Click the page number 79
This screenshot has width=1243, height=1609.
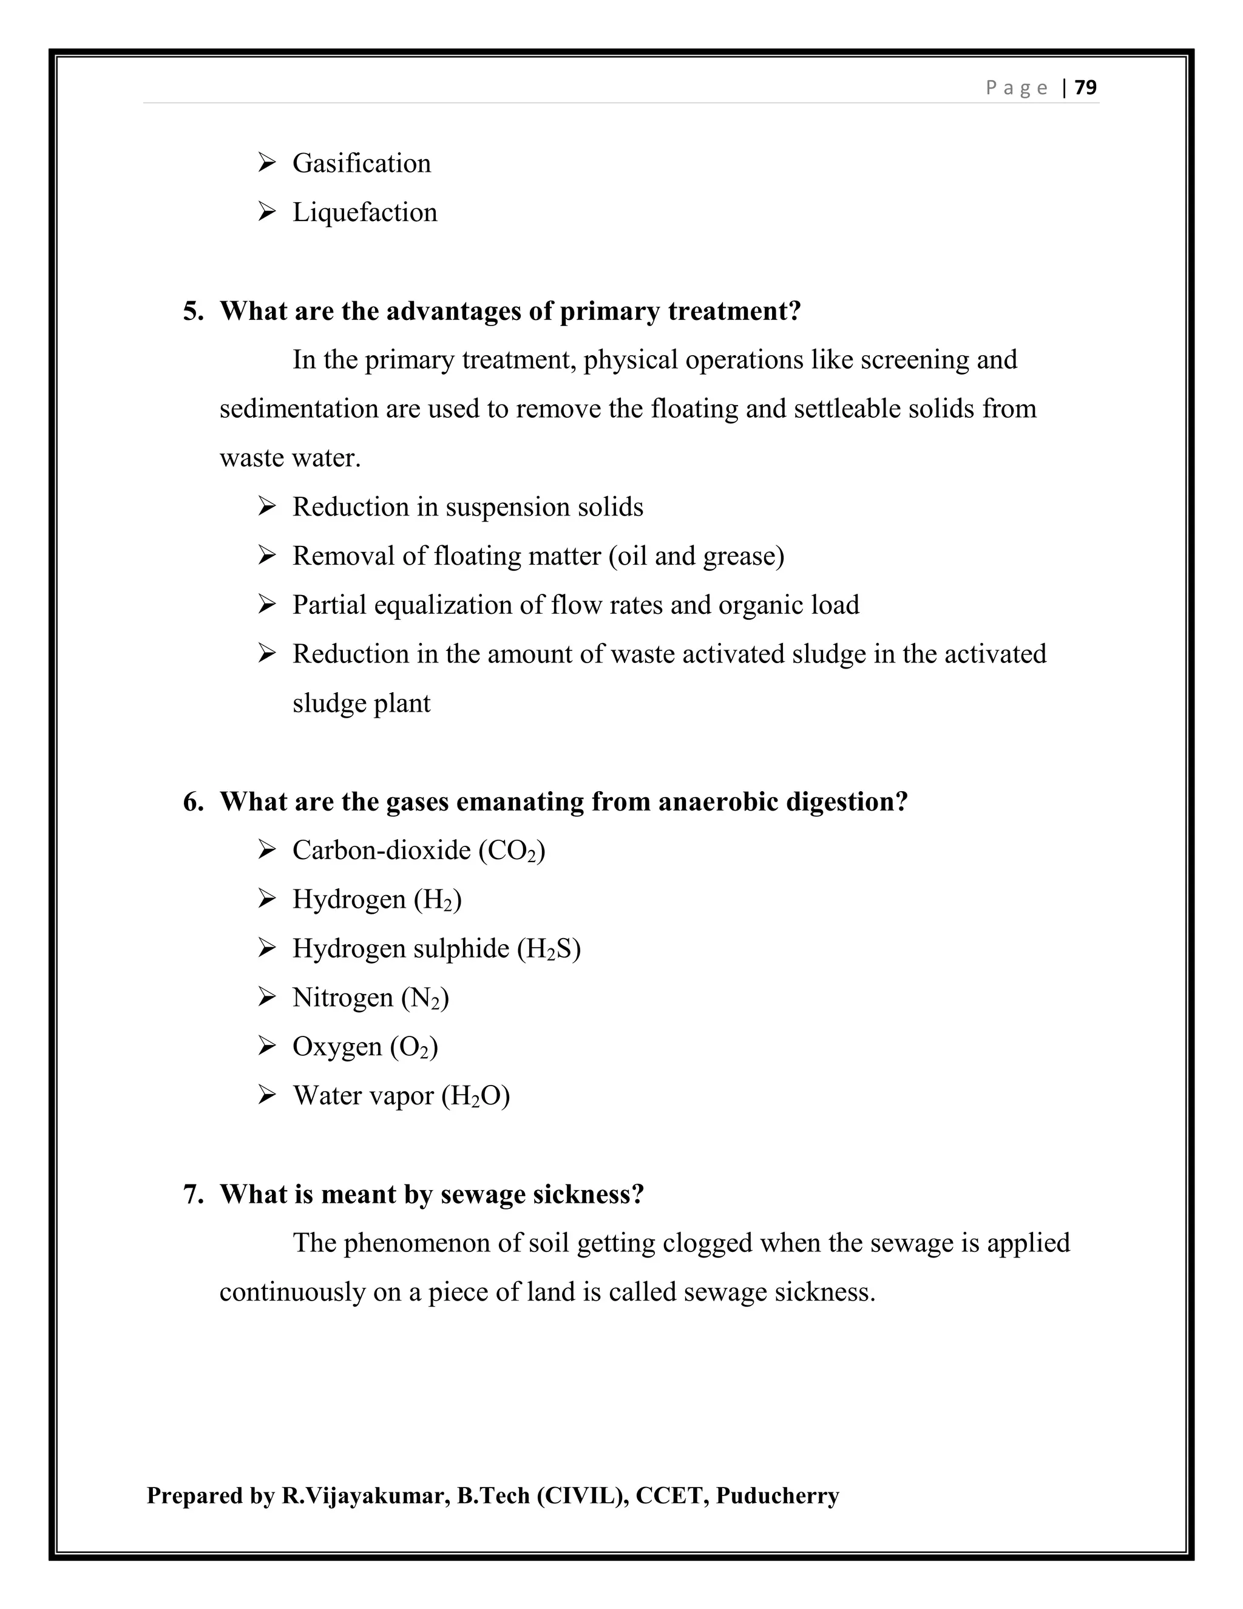[x=1085, y=87]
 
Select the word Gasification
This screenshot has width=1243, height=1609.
[x=362, y=163]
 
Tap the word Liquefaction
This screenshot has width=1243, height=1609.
[x=365, y=213]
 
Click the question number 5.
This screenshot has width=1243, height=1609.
[x=193, y=311]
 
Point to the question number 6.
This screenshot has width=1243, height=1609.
[x=193, y=801]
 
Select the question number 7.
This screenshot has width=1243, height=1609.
[x=193, y=1194]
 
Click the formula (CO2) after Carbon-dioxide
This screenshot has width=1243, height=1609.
[x=512, y=851]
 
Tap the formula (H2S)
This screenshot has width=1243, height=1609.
[x=549, y=949]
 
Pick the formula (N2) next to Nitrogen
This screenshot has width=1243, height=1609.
[x=425, y=998]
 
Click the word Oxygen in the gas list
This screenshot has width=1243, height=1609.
[x=336, y=1047]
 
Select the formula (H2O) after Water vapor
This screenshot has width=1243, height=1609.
[x=476, y=1096]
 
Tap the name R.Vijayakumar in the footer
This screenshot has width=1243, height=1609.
[x=365, y=1495]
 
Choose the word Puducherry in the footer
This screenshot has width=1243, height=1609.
[x=777, y=1495]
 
